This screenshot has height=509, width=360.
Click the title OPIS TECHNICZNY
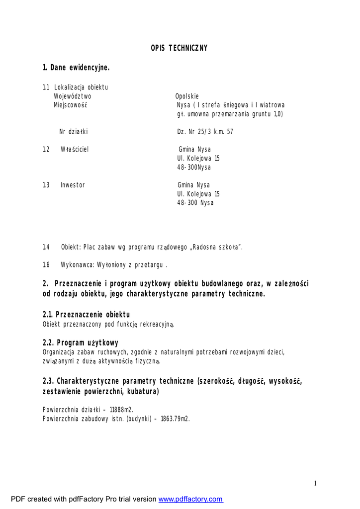(x=179, y=48)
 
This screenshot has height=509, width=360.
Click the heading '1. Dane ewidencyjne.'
(x=76, y=68)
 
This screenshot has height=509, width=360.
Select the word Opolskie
(x=187, y=96)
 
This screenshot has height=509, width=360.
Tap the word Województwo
(x=73, y=96)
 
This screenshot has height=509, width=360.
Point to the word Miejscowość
(x=71, y=105)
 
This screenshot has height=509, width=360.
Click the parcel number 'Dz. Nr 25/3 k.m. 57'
(x=205, y=132)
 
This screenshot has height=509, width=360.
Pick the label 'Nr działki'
(x=74, y=132)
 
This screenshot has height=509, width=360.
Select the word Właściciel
(x=75, y=149)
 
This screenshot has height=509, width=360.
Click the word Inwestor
(x=73, y=185)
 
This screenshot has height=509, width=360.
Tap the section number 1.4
(x=46, y=247)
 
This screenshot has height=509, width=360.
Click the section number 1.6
(x=46, y=265)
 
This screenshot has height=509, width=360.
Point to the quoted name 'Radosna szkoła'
(x=218, y=247)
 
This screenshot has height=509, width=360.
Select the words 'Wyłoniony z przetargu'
(x=139, y=265)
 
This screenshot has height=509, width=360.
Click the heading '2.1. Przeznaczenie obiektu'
(x=86, y=315)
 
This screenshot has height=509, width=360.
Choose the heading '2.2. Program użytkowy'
(x=81, y=343)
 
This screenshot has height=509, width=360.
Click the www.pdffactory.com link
(x=190, y=499)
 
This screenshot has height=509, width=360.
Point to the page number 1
(x=315, y=483)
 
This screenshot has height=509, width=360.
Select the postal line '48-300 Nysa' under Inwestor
(x=195, y=203)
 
